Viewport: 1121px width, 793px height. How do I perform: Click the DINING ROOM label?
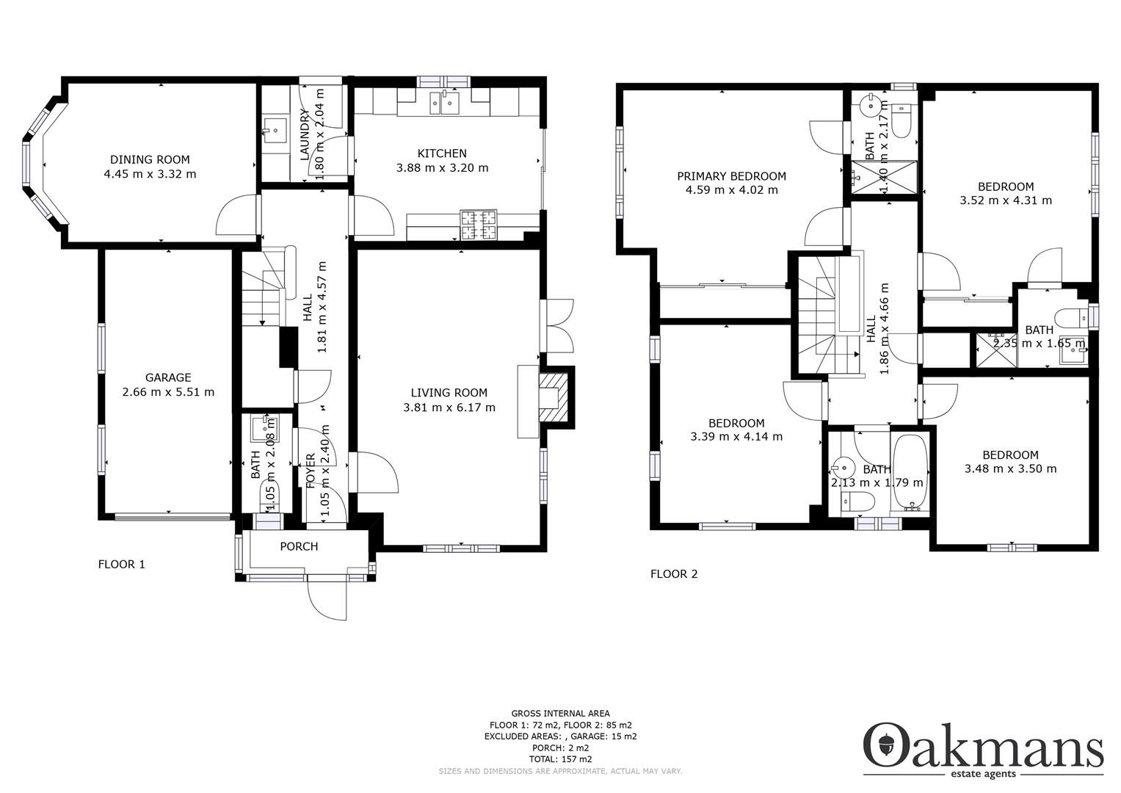[x=150, y=159]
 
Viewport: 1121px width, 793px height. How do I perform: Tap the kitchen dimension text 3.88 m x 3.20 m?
[x=442, y=167]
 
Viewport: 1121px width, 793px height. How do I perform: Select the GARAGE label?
[x=168, y=377]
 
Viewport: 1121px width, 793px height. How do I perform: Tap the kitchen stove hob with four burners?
[x=478, y=225]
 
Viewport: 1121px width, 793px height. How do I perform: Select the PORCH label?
[x=299, y=546]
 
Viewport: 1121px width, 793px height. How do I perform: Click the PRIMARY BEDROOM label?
[x=731, y=176]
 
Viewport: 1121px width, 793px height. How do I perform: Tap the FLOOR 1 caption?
[x=122, y=564]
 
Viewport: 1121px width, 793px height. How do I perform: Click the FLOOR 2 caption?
[x=674, y=574]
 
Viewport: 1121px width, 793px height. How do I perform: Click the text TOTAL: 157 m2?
[x=560, y=759]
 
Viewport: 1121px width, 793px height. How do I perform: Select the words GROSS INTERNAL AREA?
[x=560, y=713]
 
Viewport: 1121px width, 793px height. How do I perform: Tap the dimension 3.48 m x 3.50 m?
[x=1010, y=468]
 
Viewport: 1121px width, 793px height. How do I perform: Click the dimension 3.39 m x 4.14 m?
[x=736, y=436]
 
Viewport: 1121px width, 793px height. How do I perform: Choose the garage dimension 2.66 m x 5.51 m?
[x=168, y=392]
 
